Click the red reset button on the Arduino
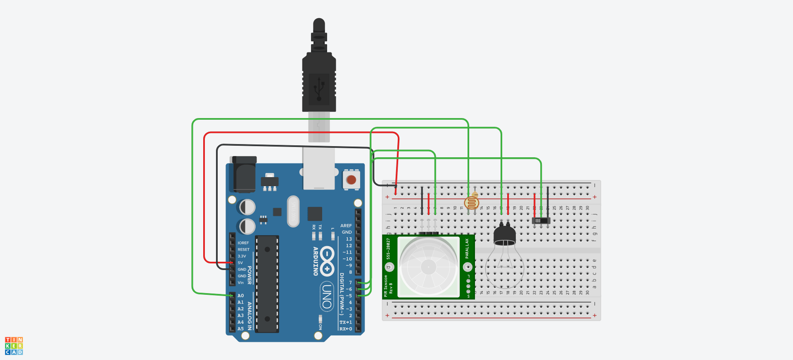click(x=351, y=180)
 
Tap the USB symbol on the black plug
click(x=319, y=88)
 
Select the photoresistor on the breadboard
click(x=471, y=203)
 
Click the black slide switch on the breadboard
click(x=541, y=220)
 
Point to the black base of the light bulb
click(x=504, y=236)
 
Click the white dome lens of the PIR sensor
click(x=428, y=267)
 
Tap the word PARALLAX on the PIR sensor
click(x=467, y=248)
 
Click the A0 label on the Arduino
click(x=241, y=296)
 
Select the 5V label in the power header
click(x=240, y=263)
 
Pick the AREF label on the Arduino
click(x=346, y=226)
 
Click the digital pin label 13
click(x=349, y=239)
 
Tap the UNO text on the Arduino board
click(x=327, y=296)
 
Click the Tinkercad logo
click(x=14, y=346)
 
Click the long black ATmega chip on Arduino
click(x=267, y=284)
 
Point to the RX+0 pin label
click(x=346, y=329)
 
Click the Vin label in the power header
click(x=241, y=283)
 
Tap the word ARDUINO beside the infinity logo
click(x=316, y=261)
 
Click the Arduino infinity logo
click(x=327, y=261)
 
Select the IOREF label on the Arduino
click(x=243, y=243)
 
